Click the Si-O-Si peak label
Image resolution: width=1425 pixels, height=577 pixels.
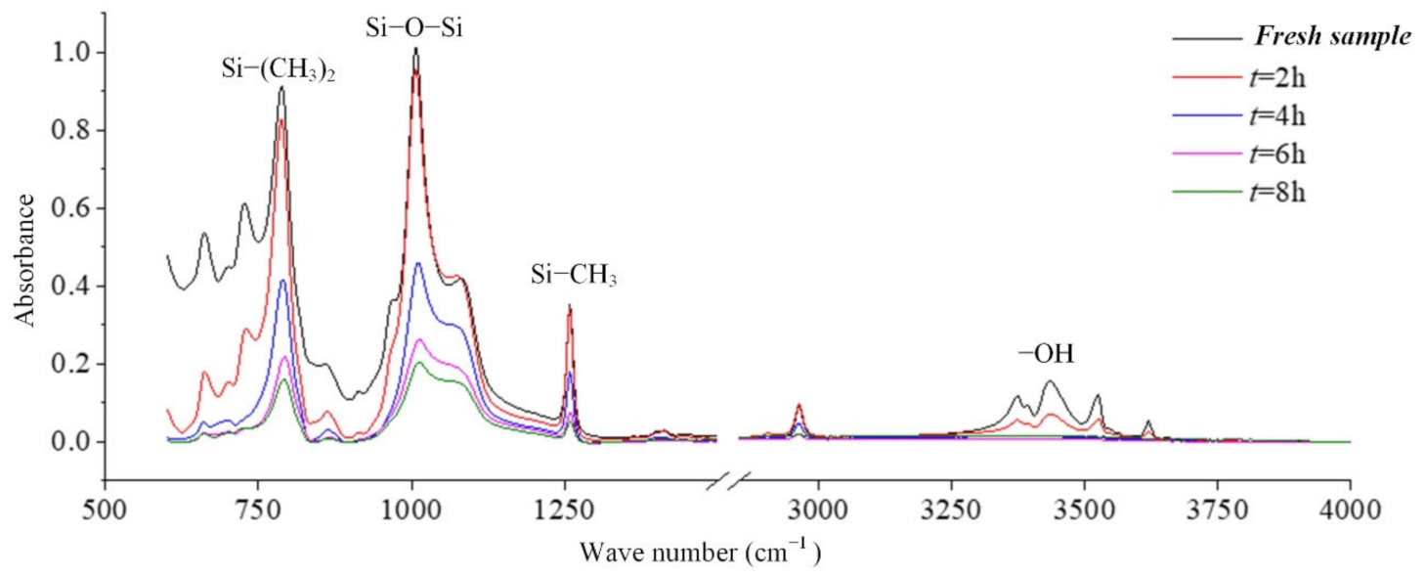tap(413, 27)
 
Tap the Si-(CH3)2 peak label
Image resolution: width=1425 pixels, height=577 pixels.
tap(280, 69)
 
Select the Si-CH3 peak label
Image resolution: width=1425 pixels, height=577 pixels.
tap(574, 277)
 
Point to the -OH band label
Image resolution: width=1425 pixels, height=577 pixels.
tap(1047, 355)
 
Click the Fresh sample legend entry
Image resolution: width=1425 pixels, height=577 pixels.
tap(1332, 38)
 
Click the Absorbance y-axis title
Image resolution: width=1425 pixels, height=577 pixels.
tap(26, 259)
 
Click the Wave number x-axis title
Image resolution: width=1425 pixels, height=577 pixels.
tap(700, 553)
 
